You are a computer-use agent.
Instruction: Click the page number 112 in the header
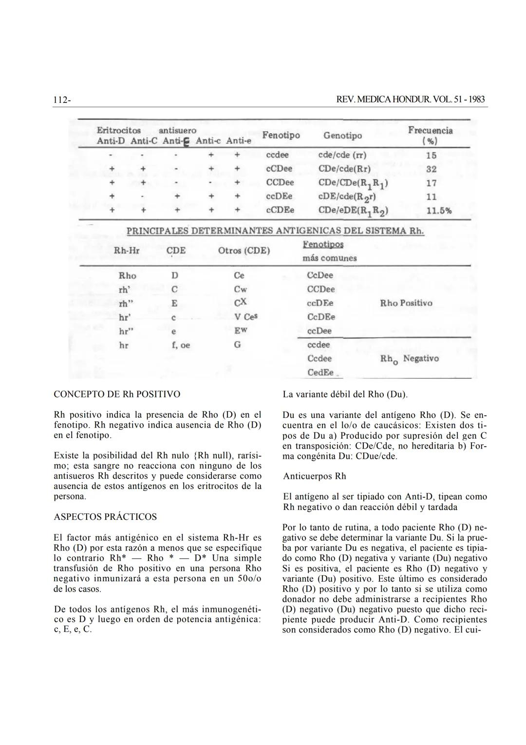(61, 100)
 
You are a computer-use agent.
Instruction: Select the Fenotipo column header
(281, 135)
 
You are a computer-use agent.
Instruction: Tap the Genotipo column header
(342, 136)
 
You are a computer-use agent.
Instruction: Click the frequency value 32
(431, 169)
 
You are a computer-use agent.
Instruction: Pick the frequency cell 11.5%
(439, 211)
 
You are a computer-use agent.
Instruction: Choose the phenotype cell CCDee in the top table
(280, 183)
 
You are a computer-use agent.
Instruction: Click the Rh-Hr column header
(127, 251)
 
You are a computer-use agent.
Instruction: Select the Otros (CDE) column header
(244, 251)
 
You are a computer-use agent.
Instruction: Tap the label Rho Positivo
(406, 303)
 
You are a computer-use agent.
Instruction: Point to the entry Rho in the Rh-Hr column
(128, 276)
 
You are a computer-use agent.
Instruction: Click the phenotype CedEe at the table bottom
(320, 372)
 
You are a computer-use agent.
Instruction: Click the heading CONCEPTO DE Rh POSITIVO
(117, 394)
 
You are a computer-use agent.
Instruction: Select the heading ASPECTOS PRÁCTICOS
(105, 517)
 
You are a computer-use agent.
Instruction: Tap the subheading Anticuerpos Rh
(315, 476)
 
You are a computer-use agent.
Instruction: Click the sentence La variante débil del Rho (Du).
(345, 394)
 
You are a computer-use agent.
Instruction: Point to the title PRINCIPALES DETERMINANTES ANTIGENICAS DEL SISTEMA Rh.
(275, 231)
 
